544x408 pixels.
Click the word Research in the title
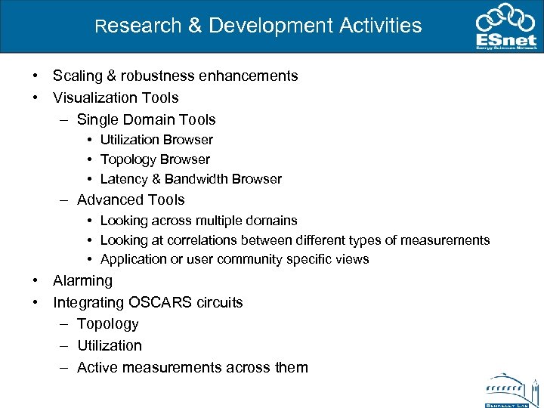pyautogui.click(x=138, y=26)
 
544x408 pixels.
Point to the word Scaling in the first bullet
pyautogui.click(x=79, y=76)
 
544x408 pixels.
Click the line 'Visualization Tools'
pyautogui.click(x=116, y=97)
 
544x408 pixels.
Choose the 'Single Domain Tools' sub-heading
pyautogui.click(x=146, y=119)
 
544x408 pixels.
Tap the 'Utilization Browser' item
pyautogui.click(x=156, y=140)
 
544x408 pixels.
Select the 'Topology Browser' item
pyautogui.click(x=155, y=159)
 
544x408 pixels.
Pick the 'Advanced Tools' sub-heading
pyautogui.click(x=131, y=199)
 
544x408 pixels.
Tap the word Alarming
pyautogui.click(x=82, y=280)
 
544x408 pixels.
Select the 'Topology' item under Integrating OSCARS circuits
pyautogui.click(x=107, y=323)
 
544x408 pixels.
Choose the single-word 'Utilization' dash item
pyautogui.click(x=109, y=345)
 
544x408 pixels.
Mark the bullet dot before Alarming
pyautogui.click(x=36, y=280)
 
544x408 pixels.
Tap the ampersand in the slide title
pyautogui.click(x=194, y=26)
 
